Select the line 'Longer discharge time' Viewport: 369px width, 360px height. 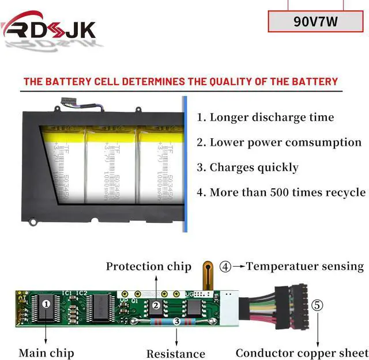(266, 118)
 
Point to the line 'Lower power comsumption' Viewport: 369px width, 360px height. (279, 142)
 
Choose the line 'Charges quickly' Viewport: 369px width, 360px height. (248, 168)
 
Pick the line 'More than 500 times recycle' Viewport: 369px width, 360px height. (281, 192)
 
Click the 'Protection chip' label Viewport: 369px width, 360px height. (148, 266)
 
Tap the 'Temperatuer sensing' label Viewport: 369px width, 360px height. (305, 266)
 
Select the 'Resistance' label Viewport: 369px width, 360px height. (175, 354)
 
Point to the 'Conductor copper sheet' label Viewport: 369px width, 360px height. (301, 353)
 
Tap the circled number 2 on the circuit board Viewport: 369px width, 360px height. (156, 305)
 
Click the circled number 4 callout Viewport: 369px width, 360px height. (226, 267)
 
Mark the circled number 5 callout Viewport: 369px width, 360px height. (318, 305)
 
